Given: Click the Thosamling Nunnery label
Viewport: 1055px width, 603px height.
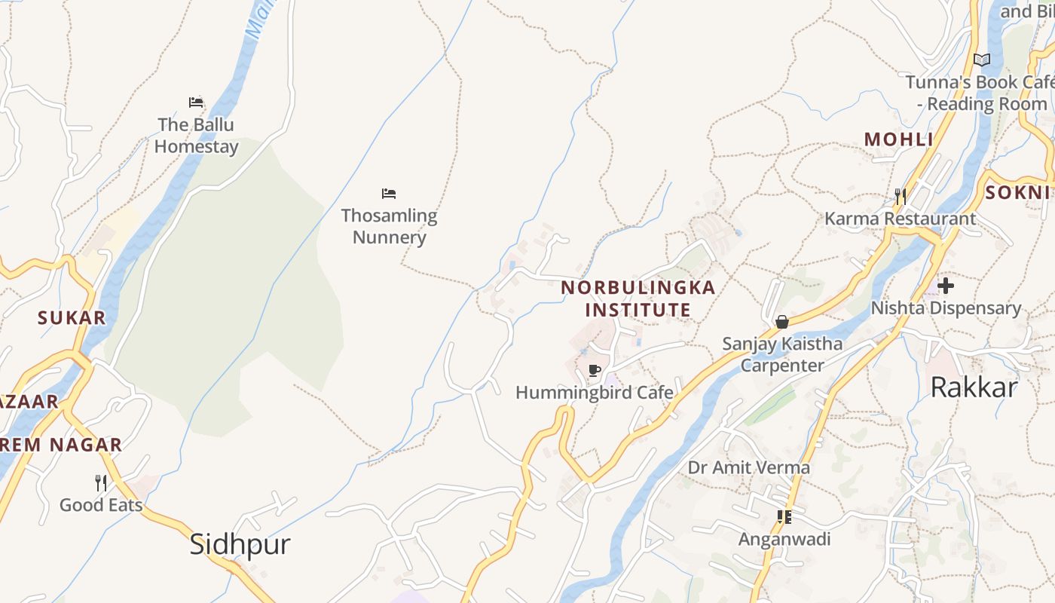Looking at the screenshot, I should click(x=389, y=226).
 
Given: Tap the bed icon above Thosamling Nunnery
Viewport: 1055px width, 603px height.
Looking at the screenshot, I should click(x=389, y=194).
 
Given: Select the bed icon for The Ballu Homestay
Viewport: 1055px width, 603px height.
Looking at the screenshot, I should click(x=196, y=103).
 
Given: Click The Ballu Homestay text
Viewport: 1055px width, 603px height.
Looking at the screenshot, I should click(x=196, y=136).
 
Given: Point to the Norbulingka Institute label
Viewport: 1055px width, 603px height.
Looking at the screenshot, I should click(x=638, y=298).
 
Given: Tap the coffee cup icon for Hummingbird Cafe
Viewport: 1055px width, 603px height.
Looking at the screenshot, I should click(x=594, y=370).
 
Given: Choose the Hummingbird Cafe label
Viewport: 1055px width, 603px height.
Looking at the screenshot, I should click(x=594, y=393).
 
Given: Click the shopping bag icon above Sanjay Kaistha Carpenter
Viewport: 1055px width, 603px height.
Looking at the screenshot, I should click(x=782, y=322).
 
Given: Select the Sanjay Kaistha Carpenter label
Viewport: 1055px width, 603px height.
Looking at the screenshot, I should click(x=782, y=354).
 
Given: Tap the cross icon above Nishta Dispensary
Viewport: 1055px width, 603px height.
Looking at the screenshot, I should click(x=946, y=286).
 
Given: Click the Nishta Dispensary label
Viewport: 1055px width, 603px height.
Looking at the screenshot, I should click(x=946, y=308).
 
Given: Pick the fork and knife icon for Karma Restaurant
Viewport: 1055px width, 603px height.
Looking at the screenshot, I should click(x=900, y=197).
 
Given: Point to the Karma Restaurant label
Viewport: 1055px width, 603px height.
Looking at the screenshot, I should click(x=900, y=219).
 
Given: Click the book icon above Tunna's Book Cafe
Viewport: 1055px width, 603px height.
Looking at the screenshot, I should click(x=981, y=60).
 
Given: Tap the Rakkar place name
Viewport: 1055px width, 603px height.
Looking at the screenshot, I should click(x=974, y=387).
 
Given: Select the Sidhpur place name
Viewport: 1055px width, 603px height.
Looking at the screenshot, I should click(x=240, y=544).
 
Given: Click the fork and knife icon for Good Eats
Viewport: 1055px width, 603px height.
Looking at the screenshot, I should click(x=101, y=482).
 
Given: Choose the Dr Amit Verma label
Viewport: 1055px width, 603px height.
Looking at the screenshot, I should click(x=748, y=467).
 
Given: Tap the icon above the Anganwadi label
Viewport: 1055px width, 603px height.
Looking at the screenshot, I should click(x=784, y=517).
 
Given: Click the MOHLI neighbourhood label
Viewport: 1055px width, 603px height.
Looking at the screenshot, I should click(x=898, y=139).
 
